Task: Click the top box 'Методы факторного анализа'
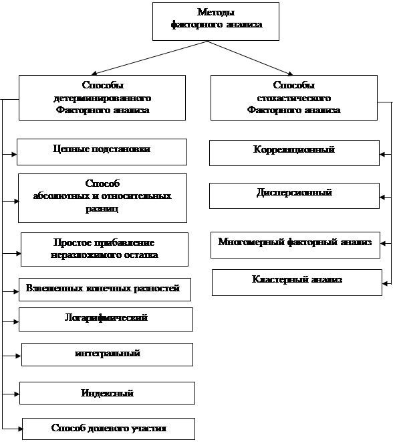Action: pos(216,21)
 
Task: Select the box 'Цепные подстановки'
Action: pos(102,152)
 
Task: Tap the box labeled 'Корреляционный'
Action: pos(294,153)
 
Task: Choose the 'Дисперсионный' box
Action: pos(294,196)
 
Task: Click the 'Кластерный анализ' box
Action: pos(297,283)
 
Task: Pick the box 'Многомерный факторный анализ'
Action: pos(295,245)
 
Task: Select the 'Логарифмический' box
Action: pos(106,319)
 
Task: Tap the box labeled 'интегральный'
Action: pos(107,355)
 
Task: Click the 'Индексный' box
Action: pos(107,393)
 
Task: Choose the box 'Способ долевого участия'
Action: pos(108,429)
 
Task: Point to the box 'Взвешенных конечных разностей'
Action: pos(105,289)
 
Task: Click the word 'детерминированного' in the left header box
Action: pos(102,98)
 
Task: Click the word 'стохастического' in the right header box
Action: pos(294,98)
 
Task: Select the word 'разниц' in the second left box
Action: pos(102,209)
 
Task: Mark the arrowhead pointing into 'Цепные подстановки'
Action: pos(14,154)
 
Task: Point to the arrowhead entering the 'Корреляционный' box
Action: pos(382,154)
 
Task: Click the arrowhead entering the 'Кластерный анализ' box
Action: pos(385,283)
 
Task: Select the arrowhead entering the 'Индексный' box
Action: pos(17,394)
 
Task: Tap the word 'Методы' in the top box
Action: pos(216,12)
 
